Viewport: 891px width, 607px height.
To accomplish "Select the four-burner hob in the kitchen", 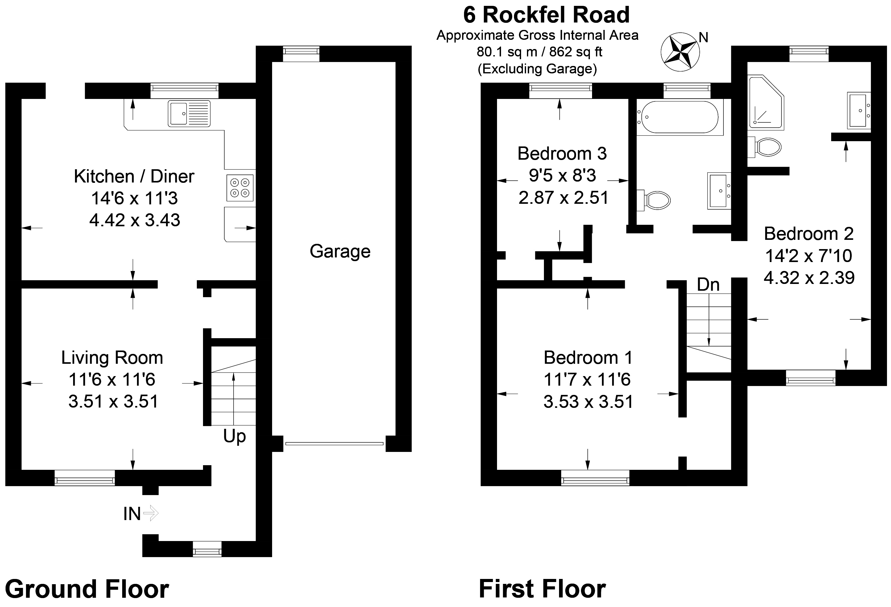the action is [x=240, y=187].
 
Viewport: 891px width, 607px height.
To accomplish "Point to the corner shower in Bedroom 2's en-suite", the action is [x=765, y=101].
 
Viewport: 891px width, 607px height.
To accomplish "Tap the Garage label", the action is [x=340, y=251].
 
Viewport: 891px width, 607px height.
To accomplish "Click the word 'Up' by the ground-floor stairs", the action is [x=234, y=436].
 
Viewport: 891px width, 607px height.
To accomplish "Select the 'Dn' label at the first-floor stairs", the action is [x=708, y=285].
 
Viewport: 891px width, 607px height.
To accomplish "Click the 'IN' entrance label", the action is [x=132, y=514].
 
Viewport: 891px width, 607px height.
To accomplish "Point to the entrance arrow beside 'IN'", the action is [x=151, y=513].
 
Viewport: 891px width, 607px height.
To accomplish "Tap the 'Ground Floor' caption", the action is [x=87, y=589].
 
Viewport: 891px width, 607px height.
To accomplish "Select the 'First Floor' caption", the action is [x=542, y=589].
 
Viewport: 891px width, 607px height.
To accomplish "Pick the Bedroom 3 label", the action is [x=562, y=154].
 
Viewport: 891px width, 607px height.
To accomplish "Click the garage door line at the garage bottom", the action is [x=334, y=444].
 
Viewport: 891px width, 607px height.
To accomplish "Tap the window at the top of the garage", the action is [x=301, y=53].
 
